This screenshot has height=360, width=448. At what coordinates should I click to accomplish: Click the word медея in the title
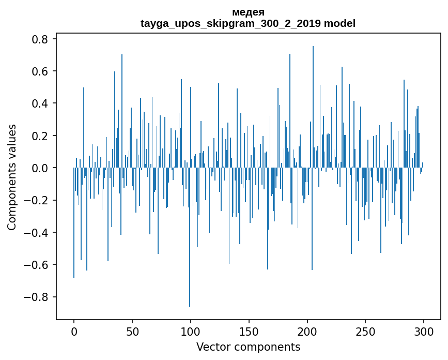(248, 12)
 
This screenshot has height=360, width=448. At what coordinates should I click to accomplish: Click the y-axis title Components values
(12, 177)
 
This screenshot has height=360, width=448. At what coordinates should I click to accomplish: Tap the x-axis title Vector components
(248, 347)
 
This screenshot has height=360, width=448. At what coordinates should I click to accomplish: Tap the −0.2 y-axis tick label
(37, 200)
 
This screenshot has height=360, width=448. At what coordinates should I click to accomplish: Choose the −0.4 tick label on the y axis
(37, 233)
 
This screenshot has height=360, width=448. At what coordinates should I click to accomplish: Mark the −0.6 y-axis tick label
(37, 265)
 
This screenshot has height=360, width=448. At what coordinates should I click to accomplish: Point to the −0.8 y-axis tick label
(37, 297)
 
